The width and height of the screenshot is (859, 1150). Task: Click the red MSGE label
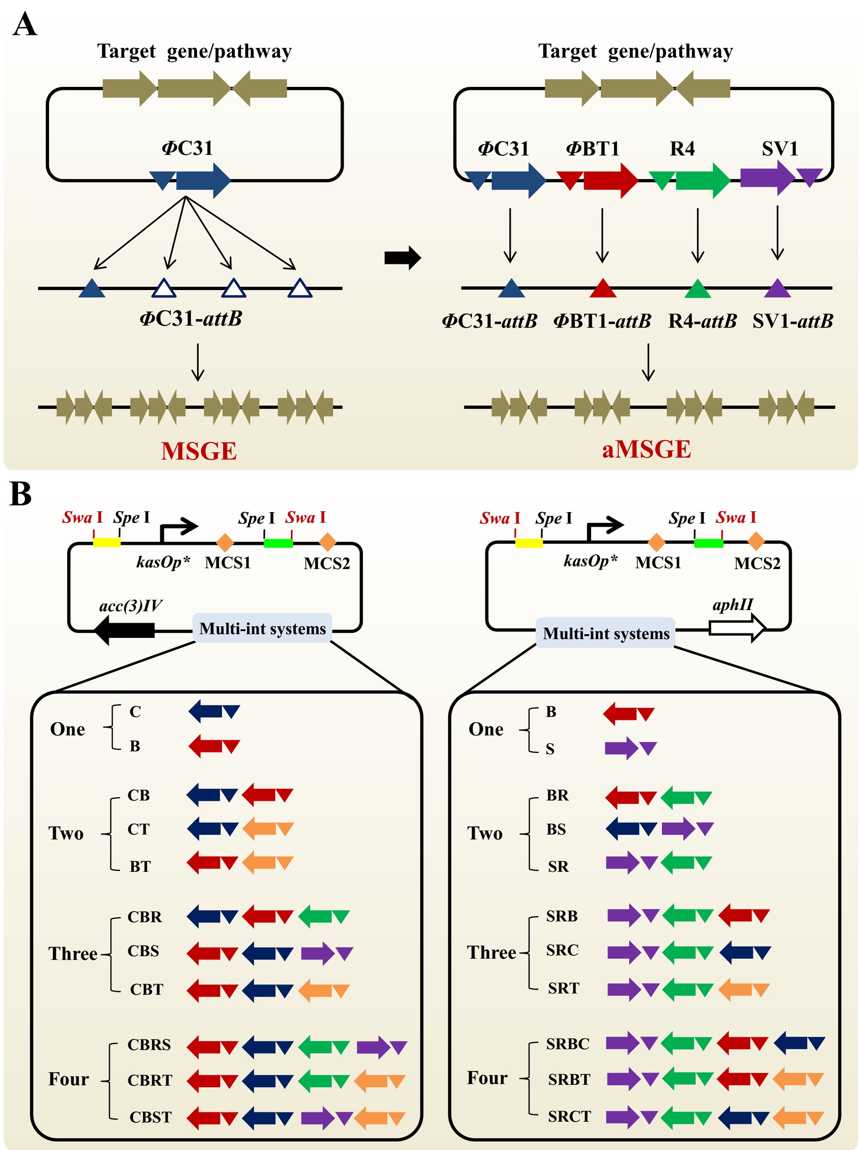pyautogui.click(x=198, y=451)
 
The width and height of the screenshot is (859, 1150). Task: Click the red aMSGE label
pyautogui.click(x=646, y=449)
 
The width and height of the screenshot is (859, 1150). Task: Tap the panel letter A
pyautogui.click(x=24, y=24)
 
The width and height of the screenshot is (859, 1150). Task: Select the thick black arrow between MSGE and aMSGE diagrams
pyautogui.click(x=403, y=258)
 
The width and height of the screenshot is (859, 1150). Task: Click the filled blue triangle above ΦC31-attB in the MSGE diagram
pyautogui.click(x=92, y=288)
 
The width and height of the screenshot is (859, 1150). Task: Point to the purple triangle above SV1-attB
pyautogui.click(x=777, y=288)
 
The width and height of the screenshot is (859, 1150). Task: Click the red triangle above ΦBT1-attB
pyautogui.click(x=603, y=288)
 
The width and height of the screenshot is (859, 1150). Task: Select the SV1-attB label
pyautogui.click(x=792, y=321)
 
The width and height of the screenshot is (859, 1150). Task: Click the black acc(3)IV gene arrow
pyautogui.click(x=125, y=630)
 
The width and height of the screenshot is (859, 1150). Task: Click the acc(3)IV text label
pyautogui.click(x=130, y=606)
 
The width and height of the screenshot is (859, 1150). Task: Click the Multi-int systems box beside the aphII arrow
pyautogui.click(x=606, y=633)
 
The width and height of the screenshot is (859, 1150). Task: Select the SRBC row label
pyautogui.click(x=567, y=1043)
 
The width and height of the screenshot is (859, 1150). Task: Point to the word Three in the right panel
pyautogui.click(x=492, y=952)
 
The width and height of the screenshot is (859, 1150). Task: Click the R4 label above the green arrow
pyautogui.click(x=682, y=149)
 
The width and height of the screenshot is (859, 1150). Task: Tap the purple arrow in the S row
pyautogui.click(x=622, y=749)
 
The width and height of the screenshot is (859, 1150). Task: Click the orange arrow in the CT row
pyautogui.click(x=260, y=829)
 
